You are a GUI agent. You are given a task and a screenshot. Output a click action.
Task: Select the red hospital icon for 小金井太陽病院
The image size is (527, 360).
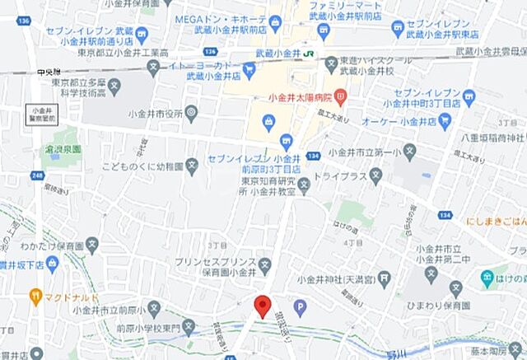click(x=339, y=98)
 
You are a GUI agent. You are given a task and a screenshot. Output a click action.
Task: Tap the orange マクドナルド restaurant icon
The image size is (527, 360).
click(x=35, y=294)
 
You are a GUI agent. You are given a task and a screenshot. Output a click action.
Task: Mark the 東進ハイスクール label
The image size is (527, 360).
click(x=366, y=60)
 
